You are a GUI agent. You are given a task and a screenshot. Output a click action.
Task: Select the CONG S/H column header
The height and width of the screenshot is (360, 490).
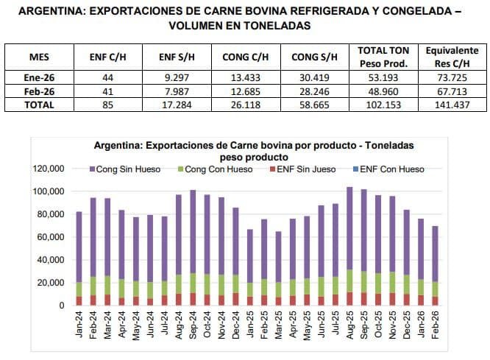[314, 57]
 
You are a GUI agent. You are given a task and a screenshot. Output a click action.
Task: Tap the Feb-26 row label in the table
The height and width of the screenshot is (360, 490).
[38, 91]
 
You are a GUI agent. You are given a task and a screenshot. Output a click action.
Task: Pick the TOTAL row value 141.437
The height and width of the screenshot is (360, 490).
[451, 105]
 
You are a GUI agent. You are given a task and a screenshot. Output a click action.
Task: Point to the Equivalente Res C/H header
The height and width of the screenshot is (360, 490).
[451, 57]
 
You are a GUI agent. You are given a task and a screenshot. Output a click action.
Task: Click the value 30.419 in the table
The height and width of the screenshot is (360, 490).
[314, 78]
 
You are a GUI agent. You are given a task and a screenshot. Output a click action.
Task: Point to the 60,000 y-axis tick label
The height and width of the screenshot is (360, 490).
[52, 237]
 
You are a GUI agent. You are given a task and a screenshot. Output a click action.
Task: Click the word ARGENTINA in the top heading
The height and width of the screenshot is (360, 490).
[49, 11]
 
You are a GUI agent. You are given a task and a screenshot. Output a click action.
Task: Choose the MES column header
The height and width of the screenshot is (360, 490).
[38, 57]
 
